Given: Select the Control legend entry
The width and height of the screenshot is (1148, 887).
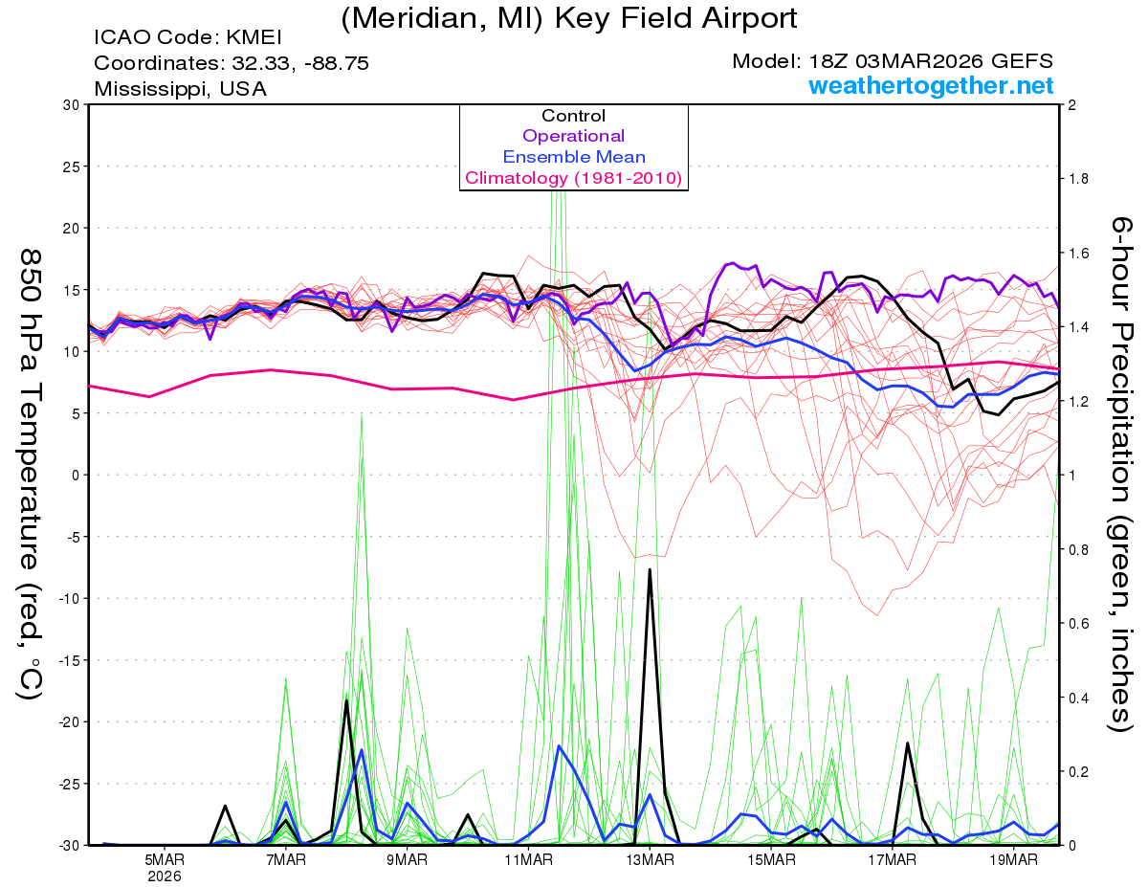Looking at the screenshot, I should [573, 116].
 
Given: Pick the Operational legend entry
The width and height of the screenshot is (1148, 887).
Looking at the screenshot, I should [573, 136].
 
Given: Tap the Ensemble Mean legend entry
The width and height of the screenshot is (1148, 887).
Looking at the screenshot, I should [573, 157].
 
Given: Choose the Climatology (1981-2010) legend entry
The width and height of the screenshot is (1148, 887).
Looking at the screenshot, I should [573, 178].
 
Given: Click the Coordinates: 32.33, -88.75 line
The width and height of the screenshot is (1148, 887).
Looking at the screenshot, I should [232, 63].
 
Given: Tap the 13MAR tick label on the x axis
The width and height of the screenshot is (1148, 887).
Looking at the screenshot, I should [650, 858].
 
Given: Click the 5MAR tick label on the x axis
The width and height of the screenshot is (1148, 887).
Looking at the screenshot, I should [165, 858].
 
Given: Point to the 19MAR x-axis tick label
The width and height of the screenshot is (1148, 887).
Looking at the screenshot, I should [1013, 858].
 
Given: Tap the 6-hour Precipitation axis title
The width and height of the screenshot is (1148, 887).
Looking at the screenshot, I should [1119, 474].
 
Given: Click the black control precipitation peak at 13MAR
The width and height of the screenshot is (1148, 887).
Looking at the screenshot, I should [650, 569].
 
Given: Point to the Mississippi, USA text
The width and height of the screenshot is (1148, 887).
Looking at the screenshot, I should [180, 89].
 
